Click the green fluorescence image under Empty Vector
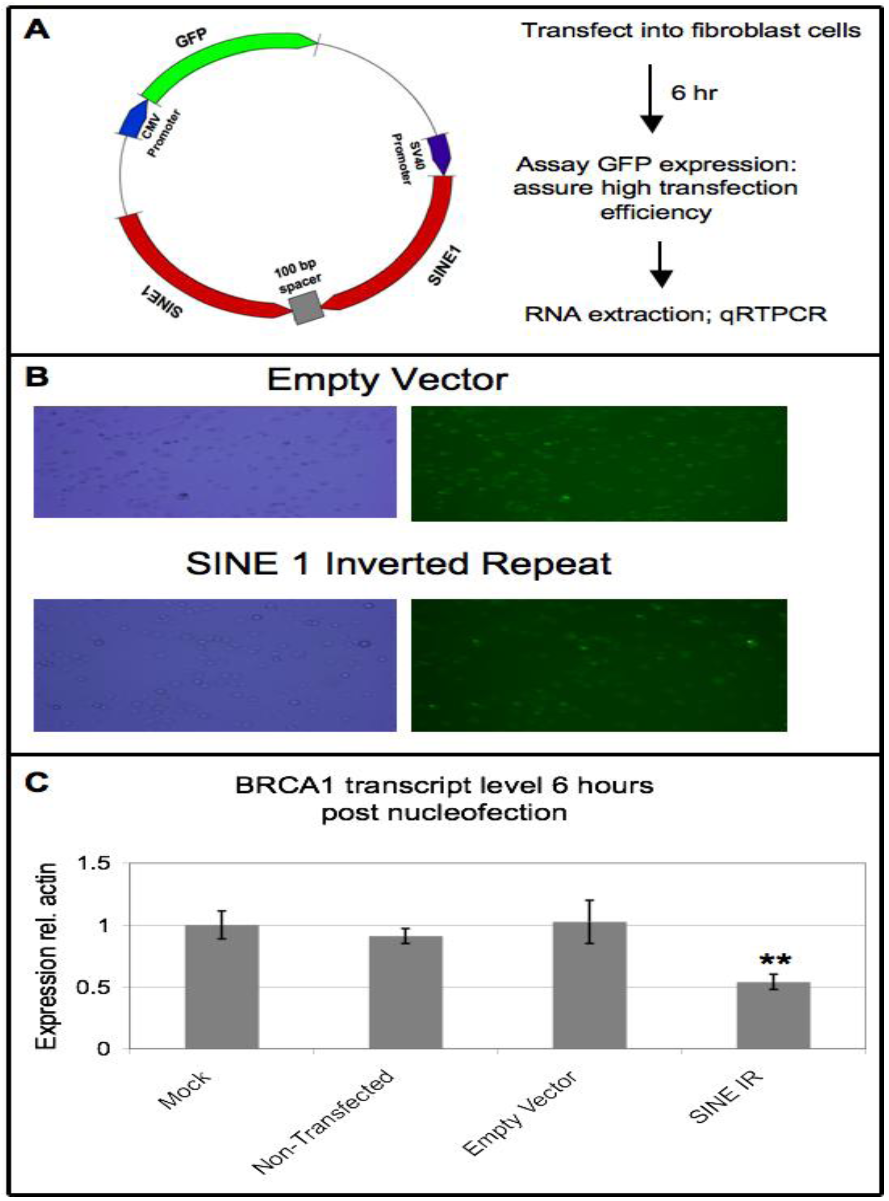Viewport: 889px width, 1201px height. [x=598, y=463]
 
